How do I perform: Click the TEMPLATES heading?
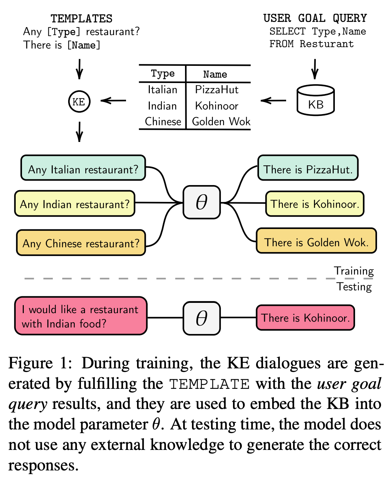coord(82,19)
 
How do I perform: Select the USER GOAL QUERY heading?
coord(315,18)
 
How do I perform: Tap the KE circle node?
coord(79,102)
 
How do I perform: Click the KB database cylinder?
coord(316,100)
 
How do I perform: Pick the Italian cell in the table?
coord(162,90)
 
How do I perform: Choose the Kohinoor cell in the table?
coord(217,106)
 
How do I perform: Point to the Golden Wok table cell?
coord(221,122)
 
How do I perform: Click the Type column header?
coord(163,74)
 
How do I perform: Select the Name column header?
coord(215,74)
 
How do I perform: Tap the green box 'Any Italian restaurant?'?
coord(83,168)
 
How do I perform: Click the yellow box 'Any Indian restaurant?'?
coord(75,203)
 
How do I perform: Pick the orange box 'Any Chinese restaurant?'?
coord(81,243)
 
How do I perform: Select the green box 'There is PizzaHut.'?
coord(308,168)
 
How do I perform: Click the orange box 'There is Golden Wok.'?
coord(316,240)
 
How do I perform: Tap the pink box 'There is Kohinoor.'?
coord(306,318)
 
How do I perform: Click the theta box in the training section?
coord(201,202)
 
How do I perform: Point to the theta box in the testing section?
coord(201,318)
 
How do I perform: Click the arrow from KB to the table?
coord(273,101)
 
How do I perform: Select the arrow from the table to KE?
coord(113,101)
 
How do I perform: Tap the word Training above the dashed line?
coord(354,271)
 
